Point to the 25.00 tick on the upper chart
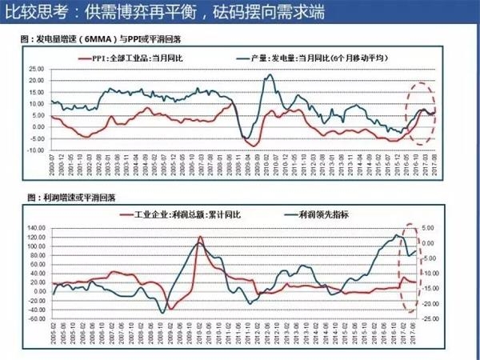(x=36, y=69)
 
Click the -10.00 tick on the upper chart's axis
(x=35, y=150)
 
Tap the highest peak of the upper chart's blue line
(x=270, y=75)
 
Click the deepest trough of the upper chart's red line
(x=253, y=146)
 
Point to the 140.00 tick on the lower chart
(x=36, y=227)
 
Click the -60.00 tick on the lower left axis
(x=36, y=318)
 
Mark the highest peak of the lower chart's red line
(x=201, y=237)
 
